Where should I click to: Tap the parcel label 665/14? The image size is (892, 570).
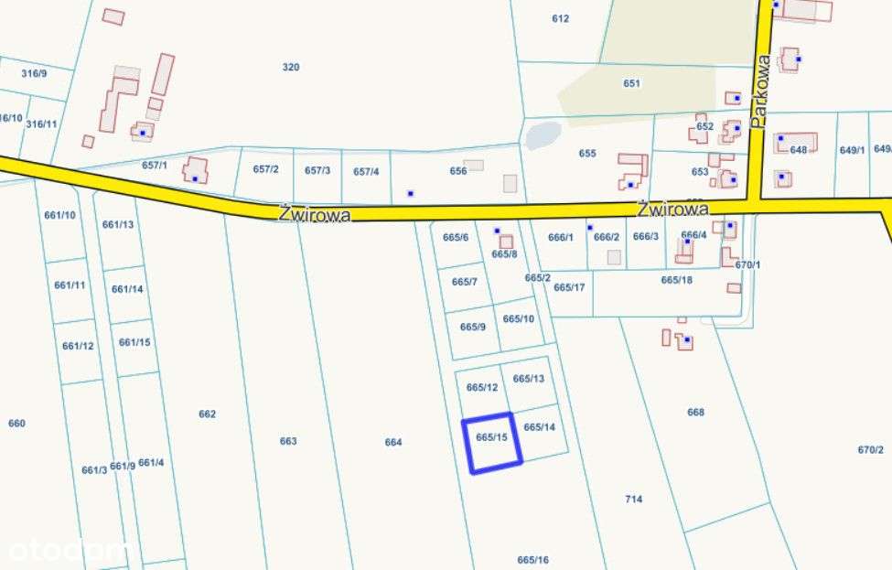coord(540,427)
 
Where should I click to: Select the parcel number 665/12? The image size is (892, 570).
coord(482,387)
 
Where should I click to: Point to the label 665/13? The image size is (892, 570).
coord(529,379)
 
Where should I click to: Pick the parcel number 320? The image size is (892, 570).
coord(291,67)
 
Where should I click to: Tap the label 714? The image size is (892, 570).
coord(633,499)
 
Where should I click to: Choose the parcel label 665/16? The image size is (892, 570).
coord(532,560)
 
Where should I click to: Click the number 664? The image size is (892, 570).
coord(393,442)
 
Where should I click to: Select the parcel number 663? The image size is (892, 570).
coord(288,441)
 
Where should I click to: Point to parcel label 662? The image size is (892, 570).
coord(208,414)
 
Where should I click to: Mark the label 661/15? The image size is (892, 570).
coord(134,342)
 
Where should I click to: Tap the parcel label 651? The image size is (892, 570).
coord(632,83)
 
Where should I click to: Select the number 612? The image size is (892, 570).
coord(561,18)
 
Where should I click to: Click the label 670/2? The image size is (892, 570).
coord(871,449)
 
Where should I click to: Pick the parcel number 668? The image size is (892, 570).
coord(696,412)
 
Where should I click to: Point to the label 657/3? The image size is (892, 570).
coord(317,170)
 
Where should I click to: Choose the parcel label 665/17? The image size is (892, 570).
coord(569,287)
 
